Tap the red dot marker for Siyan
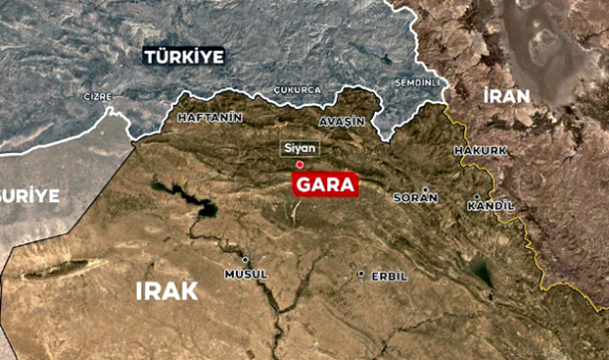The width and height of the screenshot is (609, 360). pos(300,164)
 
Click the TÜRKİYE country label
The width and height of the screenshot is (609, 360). pos(184,57)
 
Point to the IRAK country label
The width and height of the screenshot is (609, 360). pos(166,290)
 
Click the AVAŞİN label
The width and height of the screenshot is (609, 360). pos(342,120)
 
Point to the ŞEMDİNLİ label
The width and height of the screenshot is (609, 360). pos(416,81)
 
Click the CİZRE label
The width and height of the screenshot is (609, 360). pos(96,97)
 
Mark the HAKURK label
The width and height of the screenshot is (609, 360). pos(479,150)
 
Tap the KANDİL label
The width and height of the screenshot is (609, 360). pos(491,205)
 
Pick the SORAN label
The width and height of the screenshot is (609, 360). pos(416,197)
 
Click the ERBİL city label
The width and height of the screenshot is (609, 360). pos(389,276)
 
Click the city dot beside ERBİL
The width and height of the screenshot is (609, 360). pos(362,274)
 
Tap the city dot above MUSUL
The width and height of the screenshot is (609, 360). pos(245,260)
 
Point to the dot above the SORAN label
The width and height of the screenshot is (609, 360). pos(426,188)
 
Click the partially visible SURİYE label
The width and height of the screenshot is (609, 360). pos(30,194)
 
